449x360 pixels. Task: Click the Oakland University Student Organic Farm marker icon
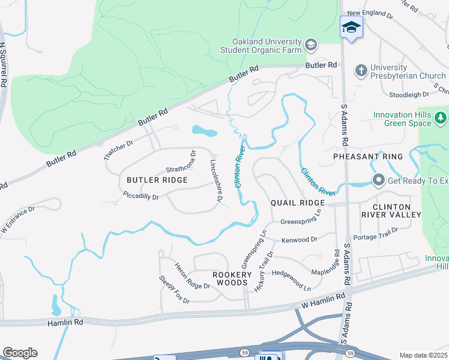(311, 44)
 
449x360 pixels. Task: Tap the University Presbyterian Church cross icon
(361, 70)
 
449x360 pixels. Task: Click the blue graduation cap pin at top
(351, 27)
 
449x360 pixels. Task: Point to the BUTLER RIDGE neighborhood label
(157, 180)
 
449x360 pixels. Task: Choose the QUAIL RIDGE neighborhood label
(297, 203)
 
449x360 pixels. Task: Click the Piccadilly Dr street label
(140, 196)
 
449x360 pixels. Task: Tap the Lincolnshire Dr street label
(218, 181)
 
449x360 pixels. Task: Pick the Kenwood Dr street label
(300, 240)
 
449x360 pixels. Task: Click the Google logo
(20, 353)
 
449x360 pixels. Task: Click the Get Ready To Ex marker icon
(379, 180)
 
